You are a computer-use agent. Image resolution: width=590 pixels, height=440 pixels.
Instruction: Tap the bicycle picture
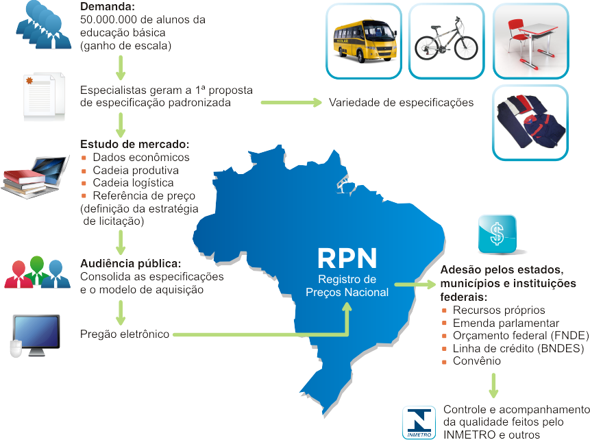click(x=446, y=41)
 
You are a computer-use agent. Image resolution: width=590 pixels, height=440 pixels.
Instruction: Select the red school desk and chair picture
click(x=530, y=41)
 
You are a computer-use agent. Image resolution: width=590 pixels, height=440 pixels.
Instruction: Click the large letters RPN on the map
click(x=347, y=259)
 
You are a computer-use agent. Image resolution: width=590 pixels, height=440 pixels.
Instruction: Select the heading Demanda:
click(x=108, y=8)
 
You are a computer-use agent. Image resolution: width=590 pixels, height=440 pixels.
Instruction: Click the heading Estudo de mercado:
click(x=134, y=145)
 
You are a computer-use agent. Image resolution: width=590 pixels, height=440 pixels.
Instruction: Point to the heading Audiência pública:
click(x=131, y=264)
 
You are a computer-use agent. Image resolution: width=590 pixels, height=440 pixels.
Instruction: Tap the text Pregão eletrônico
click(x=124, y=334)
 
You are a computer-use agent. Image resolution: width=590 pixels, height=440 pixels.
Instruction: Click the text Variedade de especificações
click(x=401, y=103)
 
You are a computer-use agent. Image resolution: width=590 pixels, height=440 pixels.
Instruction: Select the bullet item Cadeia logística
click(x=133, y=183)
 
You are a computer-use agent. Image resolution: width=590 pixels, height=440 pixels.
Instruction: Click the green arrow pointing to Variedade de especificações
click(x=291, y=103)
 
